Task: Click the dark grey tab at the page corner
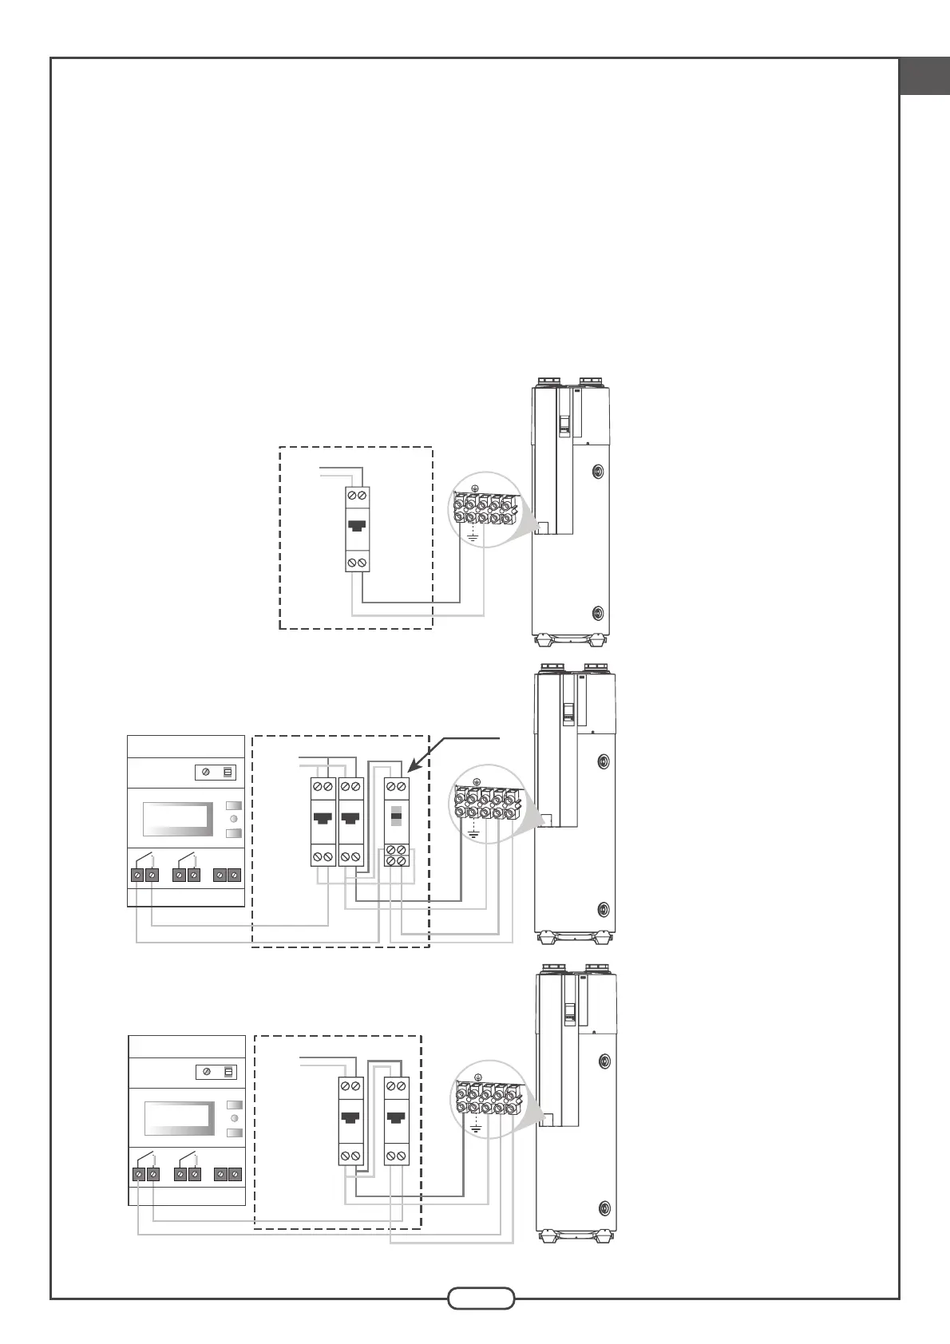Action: click(924, 77)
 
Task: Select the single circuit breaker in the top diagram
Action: click(357, 529)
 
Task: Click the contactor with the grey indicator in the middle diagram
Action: click(397, 820)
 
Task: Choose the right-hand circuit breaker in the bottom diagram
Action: click(396, 1121)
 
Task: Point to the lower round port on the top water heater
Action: click(599, 613)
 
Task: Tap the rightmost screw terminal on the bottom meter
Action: click(235, 1175)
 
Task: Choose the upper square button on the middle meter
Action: click(233, 805)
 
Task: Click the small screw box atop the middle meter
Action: click(216, 773)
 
